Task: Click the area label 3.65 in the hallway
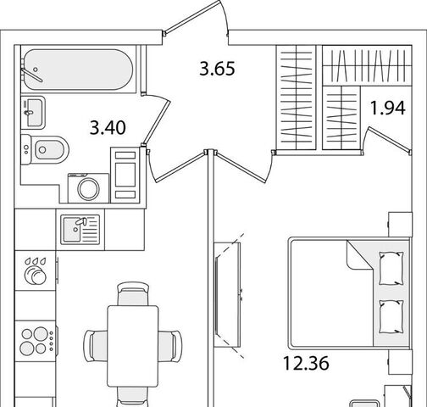pos(217,69)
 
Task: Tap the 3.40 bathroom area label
pos(108,127)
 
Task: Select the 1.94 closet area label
pos(388,108)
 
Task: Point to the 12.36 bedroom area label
pos(306,363)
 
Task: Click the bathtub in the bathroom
pos(79,70)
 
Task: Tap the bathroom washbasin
pos(33,113)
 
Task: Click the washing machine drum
pos(88,188)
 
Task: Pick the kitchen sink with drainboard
pos(80,230)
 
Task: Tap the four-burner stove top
pos(36,341)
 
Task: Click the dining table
pos(133,346)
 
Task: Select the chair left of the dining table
pos(96,345)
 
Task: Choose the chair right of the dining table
pos(170,345)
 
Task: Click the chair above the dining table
pos(133,294)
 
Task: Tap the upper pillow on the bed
pos(391,268)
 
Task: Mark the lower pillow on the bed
pos(391,317)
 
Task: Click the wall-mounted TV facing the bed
pos(227,294)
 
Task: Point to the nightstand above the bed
pos(400,224)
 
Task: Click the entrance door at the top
pos(196,18)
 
